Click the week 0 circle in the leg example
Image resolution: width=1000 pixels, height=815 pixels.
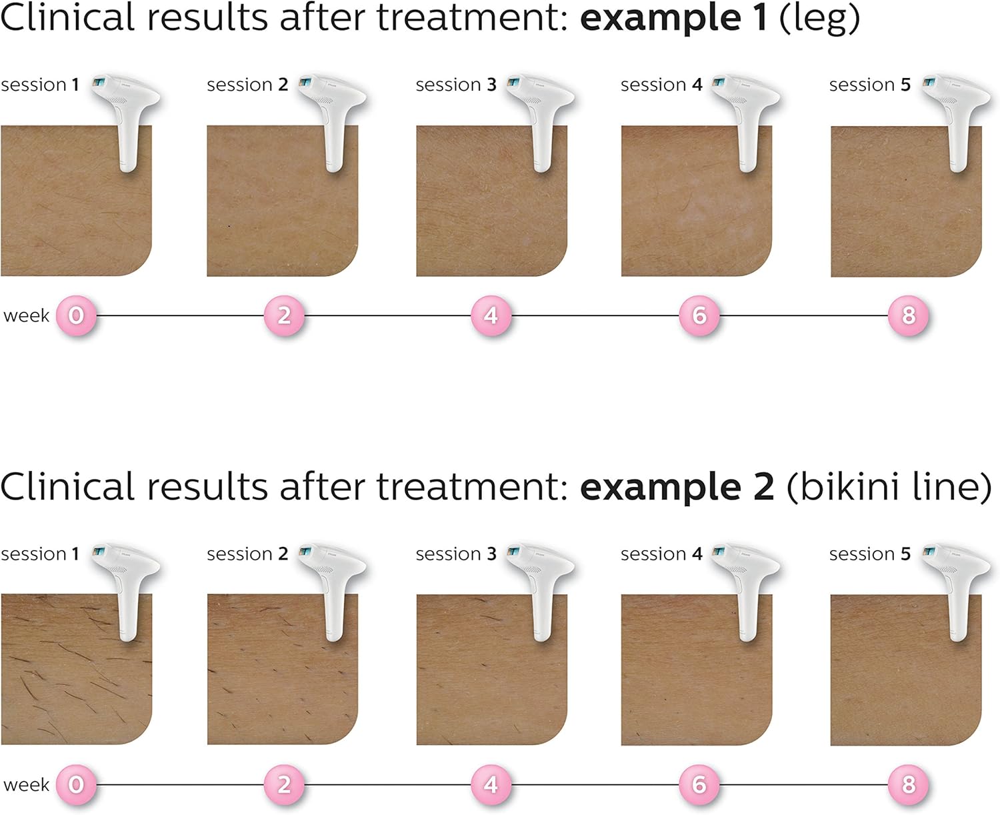[76, 315]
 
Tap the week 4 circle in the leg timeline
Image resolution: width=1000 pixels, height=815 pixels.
[491, 315]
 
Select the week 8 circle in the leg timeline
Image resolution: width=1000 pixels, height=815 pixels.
[909, 315]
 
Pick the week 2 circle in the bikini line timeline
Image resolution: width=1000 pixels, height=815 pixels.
[284, 784]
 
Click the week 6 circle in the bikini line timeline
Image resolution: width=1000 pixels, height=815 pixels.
[699, 784]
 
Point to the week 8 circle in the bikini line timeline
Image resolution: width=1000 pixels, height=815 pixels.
[909, 784]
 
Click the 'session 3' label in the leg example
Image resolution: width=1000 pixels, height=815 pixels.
[456, 85]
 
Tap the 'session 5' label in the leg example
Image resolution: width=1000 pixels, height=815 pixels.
[870, 85]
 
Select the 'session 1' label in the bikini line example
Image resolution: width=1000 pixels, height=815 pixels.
[40, 554]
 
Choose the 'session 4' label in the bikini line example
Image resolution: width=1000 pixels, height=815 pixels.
[661, 554]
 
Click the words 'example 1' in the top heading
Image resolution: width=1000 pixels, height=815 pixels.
[674, 19]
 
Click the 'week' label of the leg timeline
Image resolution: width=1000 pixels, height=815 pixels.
[26, 315]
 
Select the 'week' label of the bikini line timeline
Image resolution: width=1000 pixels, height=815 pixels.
[26, 784]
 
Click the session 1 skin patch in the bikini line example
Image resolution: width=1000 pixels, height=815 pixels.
[77, 670]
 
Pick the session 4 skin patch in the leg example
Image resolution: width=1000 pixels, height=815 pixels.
[697, 201]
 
